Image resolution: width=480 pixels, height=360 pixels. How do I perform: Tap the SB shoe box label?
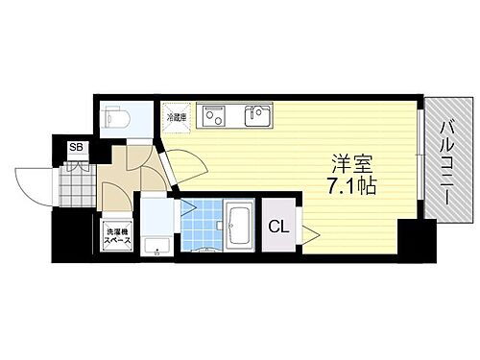point(73,147)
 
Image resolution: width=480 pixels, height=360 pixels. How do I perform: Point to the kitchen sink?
point(256,116)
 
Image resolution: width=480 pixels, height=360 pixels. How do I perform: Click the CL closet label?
point(278,228)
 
